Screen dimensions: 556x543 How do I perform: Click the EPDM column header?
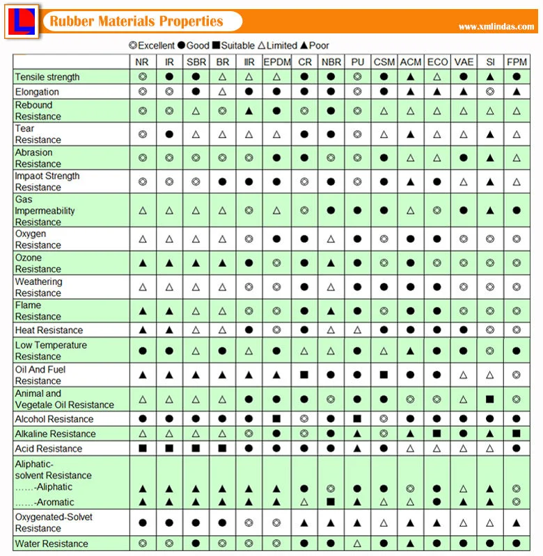tap(276, 62)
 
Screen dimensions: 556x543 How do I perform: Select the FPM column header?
tap(517, 62)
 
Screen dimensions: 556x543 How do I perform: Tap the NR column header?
tap(142, 62)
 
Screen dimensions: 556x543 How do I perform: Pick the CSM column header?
tap(384, 62)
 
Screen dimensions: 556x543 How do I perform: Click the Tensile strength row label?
tap(47, 77)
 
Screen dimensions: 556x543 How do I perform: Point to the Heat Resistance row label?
tap(49, 330)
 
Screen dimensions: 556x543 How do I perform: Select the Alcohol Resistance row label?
tap(54, 419)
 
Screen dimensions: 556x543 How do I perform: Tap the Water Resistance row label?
tap(52, 543)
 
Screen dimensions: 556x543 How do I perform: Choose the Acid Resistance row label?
tap(49, 448)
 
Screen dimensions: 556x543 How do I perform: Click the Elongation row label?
tap(37, 92)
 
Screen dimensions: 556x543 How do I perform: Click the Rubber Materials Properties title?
tap(136, 22)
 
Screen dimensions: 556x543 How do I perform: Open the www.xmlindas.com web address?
tap(496, 27)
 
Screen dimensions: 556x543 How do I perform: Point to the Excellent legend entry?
tap(152, 45)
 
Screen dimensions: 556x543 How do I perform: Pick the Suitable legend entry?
tap(233, 45)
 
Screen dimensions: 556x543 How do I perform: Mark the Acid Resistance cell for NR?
tap(142, 448)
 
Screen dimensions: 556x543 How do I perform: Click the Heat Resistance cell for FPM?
tap(517, 330)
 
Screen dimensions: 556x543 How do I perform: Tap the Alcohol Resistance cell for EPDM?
tap(276, 419)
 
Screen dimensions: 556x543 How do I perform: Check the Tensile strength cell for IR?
tap(169, 77)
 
